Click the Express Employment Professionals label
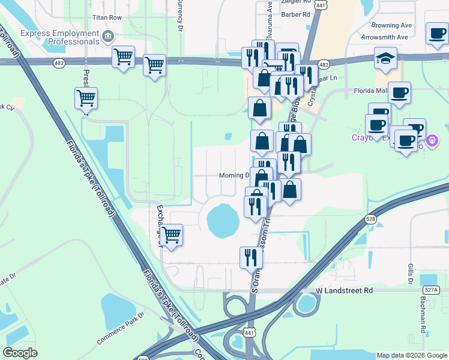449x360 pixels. pos(59,37)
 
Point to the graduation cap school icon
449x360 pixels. pos(385,58)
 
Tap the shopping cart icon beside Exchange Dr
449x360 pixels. pos(171,235)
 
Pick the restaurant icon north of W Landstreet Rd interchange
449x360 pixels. pos(251,257)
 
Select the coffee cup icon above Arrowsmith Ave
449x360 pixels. pos(438,33)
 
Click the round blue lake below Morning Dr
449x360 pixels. pos(223,220)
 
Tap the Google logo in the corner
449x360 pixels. pos(20,353)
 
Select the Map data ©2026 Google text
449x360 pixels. pos(411,355)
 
